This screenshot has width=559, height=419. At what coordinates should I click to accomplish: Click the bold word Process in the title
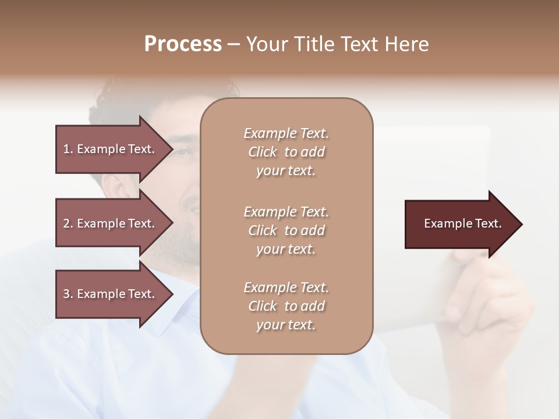183,44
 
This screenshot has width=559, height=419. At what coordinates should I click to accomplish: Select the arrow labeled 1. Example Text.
111,149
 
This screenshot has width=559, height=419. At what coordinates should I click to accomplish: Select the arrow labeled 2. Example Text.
111,223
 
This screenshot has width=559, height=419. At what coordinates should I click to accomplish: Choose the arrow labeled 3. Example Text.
111,294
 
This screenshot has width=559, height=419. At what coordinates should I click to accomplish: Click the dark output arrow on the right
460,224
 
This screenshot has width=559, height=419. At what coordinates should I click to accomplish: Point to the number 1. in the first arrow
68,149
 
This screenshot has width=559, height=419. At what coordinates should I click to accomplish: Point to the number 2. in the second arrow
68,223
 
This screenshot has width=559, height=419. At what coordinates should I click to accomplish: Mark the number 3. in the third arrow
68,294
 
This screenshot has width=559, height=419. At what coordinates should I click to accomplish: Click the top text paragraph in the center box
286,152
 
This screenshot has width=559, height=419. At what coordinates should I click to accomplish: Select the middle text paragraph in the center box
286,230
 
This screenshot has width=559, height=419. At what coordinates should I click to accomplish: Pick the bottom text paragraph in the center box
286,306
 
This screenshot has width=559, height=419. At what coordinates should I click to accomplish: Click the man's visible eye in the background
182,152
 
